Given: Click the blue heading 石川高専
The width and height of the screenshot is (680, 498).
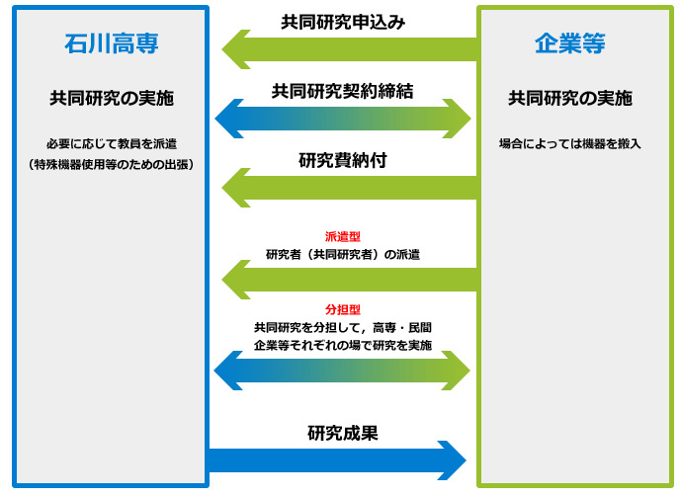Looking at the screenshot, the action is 112,43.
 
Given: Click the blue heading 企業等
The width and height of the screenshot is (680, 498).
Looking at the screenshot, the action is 570,43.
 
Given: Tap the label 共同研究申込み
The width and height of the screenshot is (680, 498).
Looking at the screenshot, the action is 343,22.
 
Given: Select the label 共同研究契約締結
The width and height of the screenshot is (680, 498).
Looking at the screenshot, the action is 343,91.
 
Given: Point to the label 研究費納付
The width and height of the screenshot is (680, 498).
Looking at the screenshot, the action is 343,160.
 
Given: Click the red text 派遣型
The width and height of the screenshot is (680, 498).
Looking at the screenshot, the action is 343,236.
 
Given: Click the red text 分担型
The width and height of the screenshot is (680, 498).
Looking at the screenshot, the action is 343,309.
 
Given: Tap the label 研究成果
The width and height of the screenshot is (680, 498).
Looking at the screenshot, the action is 343,433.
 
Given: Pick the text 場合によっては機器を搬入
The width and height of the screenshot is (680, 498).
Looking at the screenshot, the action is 570,144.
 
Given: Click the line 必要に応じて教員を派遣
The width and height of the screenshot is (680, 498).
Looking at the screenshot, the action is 112,144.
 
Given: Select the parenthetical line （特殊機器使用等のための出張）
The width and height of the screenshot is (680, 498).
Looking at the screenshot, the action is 112,165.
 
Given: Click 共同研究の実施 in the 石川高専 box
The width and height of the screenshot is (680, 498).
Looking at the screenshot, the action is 112,99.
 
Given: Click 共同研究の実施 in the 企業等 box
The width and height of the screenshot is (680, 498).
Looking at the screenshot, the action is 570,99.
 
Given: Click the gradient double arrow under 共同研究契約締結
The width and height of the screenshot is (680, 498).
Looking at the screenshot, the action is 343,119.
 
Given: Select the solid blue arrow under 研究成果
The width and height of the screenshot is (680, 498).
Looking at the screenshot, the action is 337,460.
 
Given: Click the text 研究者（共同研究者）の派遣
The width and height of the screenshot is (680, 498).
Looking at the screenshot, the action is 343,254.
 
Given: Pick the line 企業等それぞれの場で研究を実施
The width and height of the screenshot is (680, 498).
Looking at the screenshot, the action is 343,346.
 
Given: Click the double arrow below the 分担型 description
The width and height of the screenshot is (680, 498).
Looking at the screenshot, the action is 342,371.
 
